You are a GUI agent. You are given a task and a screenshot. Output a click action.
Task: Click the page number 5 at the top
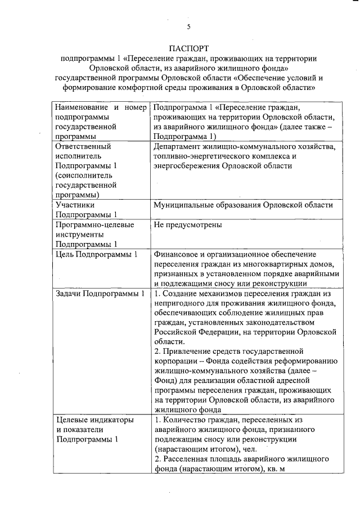[x=189, y=26]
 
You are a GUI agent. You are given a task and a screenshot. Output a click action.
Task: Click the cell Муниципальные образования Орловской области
[x=243, y=205]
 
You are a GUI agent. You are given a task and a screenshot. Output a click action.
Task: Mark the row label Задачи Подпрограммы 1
[x=100, y=294]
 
